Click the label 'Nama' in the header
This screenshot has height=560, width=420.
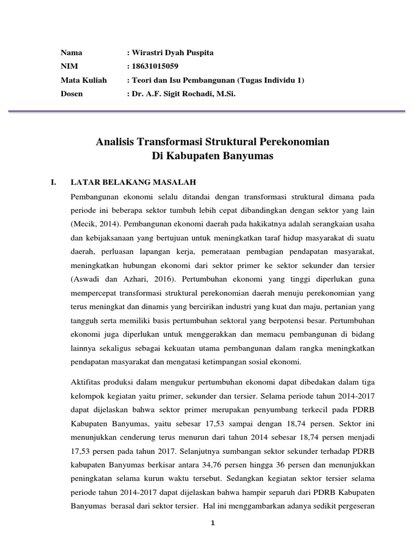(71, 53)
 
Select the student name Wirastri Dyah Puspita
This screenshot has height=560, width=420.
(171, 53)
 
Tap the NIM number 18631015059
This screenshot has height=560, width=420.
(155, 67)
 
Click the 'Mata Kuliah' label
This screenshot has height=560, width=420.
(84, 80)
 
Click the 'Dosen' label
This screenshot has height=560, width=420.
(72, 94)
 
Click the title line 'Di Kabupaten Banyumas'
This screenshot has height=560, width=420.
(212, 156)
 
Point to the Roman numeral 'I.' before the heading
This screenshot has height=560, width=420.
(53, 182)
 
